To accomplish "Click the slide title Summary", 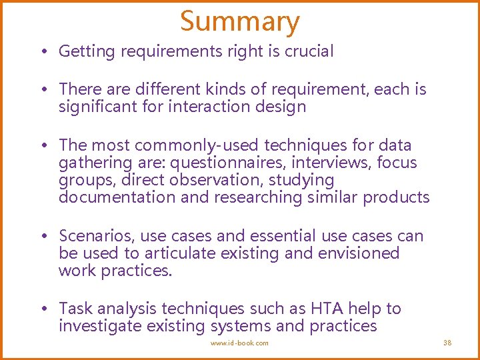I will (240, 21).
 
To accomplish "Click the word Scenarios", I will (94, 236).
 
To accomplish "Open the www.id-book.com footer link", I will (240, 343).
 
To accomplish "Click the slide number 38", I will (447, 343).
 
